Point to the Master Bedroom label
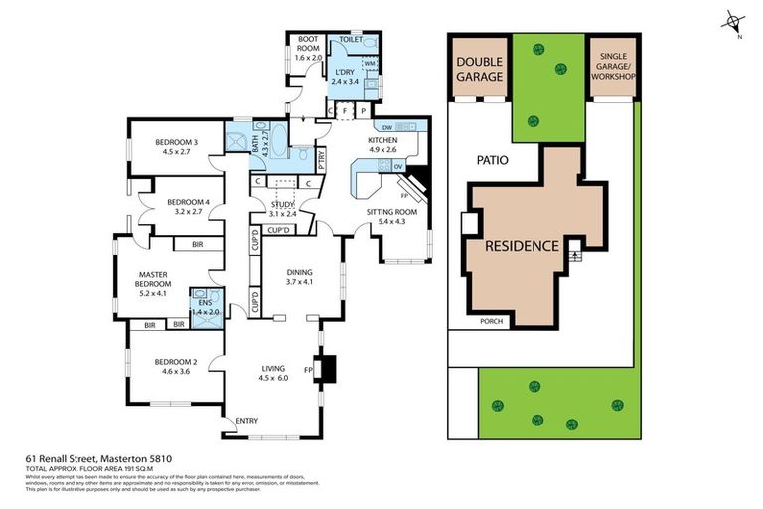pos(154,277)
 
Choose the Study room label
pos(283,208)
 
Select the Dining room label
pos(299,275)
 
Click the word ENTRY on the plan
pos(246,422)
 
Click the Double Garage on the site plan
pos(479,68)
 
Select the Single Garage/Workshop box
pos(613,68)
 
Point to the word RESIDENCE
pos(522,246)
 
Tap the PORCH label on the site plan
pos(491,321)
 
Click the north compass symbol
pos(733,21)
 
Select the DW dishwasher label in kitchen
pos(386,127)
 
